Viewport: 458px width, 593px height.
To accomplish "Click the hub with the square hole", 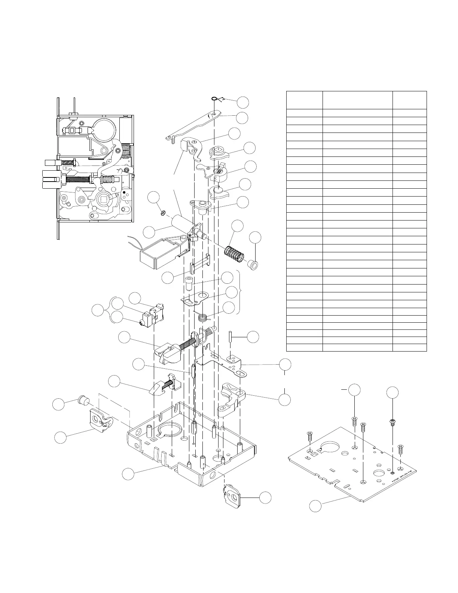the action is pos(217,151).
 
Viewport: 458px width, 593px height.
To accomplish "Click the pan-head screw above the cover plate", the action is pos(393,422).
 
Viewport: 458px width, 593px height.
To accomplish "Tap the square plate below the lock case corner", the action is pos(233,496).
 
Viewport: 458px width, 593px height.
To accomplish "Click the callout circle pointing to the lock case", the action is pos(128,474).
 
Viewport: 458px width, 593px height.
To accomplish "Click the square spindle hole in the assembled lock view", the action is pos(103,198).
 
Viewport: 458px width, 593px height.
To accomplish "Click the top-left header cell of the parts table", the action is pos(304,100).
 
